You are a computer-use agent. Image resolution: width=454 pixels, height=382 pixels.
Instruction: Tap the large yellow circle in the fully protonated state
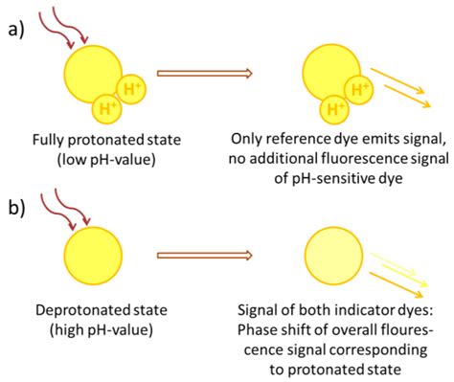click(x=92, y=72)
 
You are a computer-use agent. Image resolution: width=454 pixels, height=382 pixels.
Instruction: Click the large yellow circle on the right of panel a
click(x=330, y=73)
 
